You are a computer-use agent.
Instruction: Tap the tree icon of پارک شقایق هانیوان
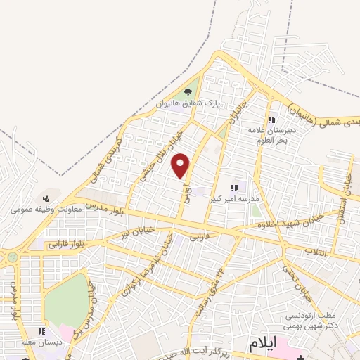pos(188,92)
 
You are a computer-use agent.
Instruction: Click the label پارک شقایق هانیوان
pos(188,103)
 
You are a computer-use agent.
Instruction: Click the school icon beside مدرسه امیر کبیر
pos(235,188)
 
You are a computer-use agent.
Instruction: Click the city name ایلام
pos(264,344)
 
